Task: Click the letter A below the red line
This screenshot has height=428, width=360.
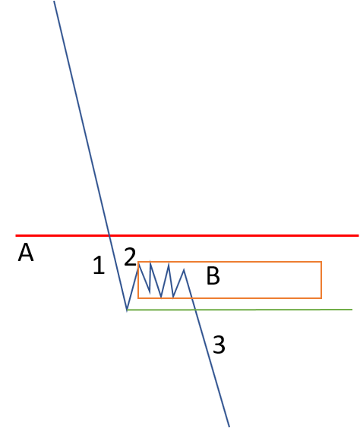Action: (26, 253)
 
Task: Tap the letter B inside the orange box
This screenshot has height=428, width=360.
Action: (213, 275)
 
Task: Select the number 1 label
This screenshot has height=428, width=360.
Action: (99, 265)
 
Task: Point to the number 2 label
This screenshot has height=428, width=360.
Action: (130, 256)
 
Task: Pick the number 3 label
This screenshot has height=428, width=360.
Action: (219, 345)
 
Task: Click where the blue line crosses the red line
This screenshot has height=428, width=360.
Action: (109, 235)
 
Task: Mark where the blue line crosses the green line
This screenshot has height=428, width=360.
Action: (195, 310)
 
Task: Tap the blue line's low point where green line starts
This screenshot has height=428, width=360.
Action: (127, 310)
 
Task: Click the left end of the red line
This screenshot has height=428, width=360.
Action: (16, 235)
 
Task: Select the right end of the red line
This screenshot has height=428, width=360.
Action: (358, 235)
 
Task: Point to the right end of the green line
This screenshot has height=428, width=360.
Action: (352, 310)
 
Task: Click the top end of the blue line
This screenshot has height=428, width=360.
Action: (54, 1)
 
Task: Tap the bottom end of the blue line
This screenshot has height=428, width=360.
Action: (229, 426)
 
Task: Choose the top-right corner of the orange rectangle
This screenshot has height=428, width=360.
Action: (321, 262)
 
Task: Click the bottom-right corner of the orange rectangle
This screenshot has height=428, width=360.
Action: (321, 298)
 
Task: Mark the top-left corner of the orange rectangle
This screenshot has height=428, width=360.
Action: (138, 262)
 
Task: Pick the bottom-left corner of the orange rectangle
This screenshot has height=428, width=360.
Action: (138, 298)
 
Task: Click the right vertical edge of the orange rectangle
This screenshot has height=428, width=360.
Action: (321, 280)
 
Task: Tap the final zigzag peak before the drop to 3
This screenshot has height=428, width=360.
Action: (184, 269)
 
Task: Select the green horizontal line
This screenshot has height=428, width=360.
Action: (239, 310)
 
